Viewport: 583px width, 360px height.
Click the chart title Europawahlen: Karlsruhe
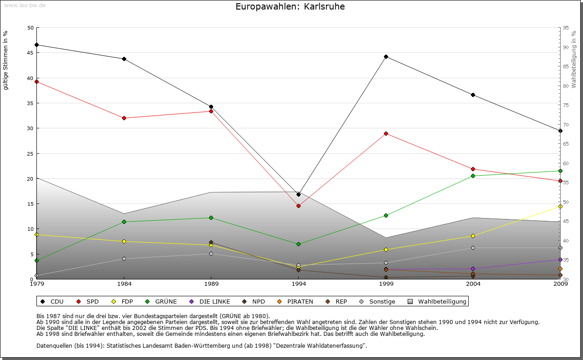coord(290,7)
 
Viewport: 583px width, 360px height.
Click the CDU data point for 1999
coord(386,57)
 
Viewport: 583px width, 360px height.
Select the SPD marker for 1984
coord(124,118)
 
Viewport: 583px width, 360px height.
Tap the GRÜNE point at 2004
coord(473,176)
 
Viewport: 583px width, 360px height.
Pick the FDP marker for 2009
coord(560,207)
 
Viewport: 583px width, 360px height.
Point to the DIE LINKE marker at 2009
coord(560,260)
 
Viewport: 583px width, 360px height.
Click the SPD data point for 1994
coord(298,206)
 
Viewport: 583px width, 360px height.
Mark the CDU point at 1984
coord(124,59)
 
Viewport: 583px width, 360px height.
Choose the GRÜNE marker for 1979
coord(36,261)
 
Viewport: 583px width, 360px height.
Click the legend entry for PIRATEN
coord(296,302)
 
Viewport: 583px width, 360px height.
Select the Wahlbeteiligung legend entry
coord(438,302)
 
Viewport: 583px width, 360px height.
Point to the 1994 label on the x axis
coord(299,284)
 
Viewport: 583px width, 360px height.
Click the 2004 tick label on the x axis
coord(473,284)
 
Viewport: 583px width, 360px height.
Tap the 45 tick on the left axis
coord(31,53)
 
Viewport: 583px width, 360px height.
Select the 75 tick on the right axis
coord(566,106)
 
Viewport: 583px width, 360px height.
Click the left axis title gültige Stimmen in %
coord(6,61)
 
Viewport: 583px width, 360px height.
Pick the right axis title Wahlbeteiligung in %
coord(574,59)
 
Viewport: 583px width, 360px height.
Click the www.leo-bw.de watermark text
coord(25,5)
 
